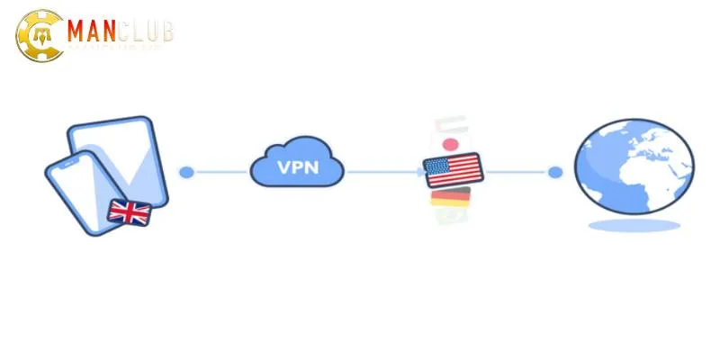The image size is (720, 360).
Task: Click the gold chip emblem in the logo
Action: pyautogui.click(x=37, y=37)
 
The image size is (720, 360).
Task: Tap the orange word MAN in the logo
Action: pyautogui.click(x=92, y=33)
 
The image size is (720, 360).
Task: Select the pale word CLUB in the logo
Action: pyautogui.click(x=146, y=33)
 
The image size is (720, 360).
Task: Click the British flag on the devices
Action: pyautogui.click(x=129, y=212)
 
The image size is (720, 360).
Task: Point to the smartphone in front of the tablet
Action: pyautogui.click(x=76, y=193)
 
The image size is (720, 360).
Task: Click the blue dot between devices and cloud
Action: pyautogui.click(x=186, y=172)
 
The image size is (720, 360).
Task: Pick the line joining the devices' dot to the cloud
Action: pyautogui.click(x=220, y=172)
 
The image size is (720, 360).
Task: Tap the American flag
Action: pyautogui.click(x=453, y=169)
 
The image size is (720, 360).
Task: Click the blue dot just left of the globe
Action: pyautogui.click(x=555, y=172)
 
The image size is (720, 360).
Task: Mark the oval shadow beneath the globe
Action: pyautogui.click(x=634, y=224)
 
